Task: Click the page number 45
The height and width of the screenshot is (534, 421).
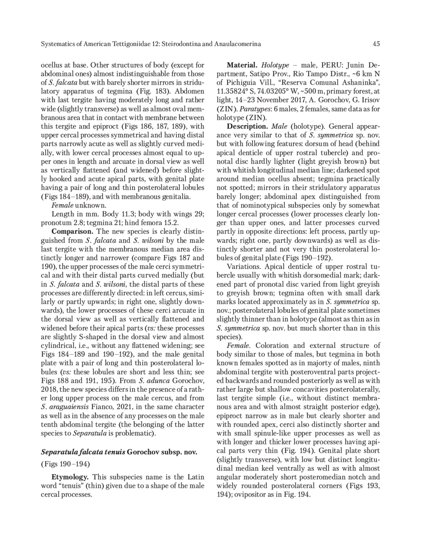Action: tap(376, 44)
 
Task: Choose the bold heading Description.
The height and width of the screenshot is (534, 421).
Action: tap(247, 126)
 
